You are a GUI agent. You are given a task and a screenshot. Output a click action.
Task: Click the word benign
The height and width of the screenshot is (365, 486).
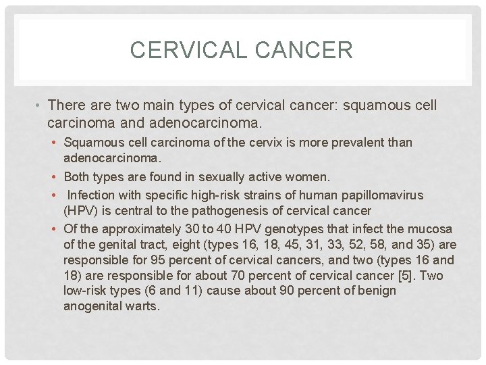coord(375,291)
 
